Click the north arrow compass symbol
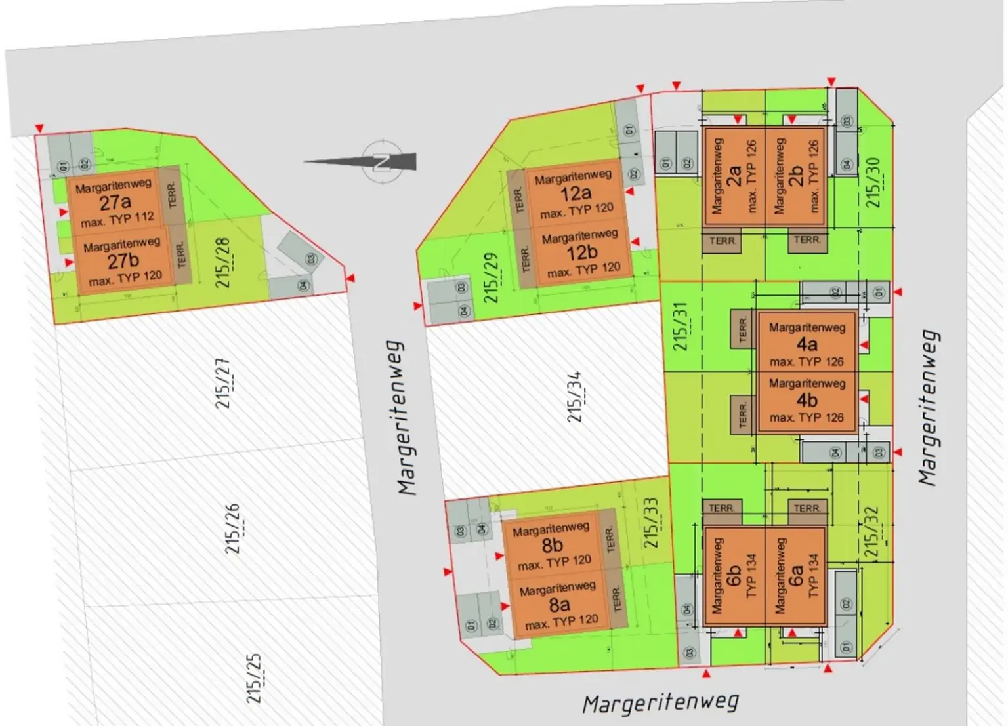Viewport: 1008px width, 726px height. coord(381,161)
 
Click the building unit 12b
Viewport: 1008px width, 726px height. coord(581,252)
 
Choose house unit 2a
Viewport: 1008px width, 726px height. coord(734,176)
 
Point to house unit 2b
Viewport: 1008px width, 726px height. coord(795,176)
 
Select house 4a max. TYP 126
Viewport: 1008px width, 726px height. coord(807,344)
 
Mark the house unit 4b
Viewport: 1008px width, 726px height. coord(807,400)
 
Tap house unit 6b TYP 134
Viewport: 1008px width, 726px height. coord(734,576)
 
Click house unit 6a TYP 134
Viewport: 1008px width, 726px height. coord(795,576)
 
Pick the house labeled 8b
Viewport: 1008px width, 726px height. coord(553,545)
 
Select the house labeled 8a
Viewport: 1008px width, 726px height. coord(560,603)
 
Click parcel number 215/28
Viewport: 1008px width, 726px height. coord(223,262)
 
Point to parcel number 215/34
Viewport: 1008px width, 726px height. coord(575,397)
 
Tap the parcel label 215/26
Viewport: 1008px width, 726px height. coord(233,528)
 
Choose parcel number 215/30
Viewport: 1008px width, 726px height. coord(873,182)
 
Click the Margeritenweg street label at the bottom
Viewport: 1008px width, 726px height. coord(660,704)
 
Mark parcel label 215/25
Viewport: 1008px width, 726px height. coord(254,678)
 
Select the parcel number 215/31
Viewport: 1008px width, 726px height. coord(680,326)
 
